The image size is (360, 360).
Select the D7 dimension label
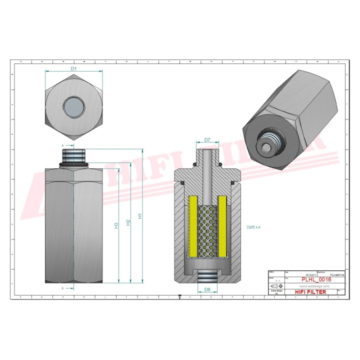206,139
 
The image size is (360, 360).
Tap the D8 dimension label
206,289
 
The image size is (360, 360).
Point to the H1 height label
141,216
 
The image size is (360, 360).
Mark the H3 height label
116,225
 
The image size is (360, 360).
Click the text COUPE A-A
253,227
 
